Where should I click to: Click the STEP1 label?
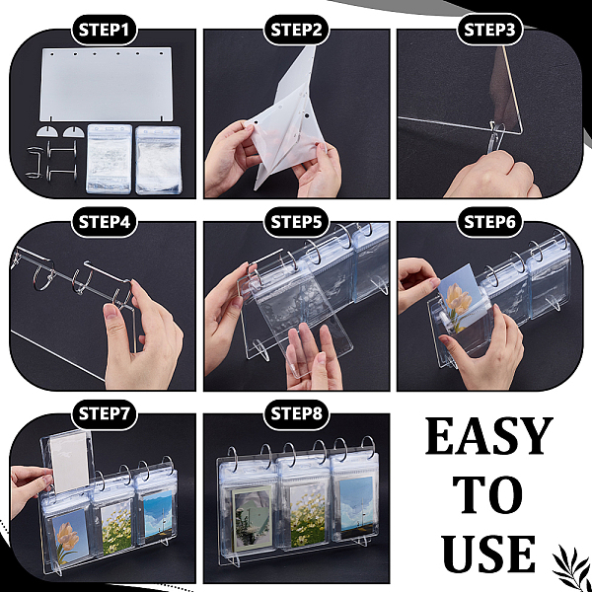[x=104, y=30]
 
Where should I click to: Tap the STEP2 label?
[x=296, y=30]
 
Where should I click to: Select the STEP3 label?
[x=489, y=30]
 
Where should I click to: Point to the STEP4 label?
[x=104, y=222]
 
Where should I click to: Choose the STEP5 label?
[x=296, y=222]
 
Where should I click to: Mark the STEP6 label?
[x=489, y=222]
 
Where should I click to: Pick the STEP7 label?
[x=104, y=414]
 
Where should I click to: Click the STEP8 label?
[x=296, y=414]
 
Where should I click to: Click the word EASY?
[x=489, y=436]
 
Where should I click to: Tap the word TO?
[x=487, y=494]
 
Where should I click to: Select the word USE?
[x=488, y=554]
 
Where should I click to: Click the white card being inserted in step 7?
[x=70, y=462]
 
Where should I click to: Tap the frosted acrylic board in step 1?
[x=107, y=84]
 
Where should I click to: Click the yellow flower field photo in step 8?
[x=307, y=514]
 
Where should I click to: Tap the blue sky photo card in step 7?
[x=159, y=513]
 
